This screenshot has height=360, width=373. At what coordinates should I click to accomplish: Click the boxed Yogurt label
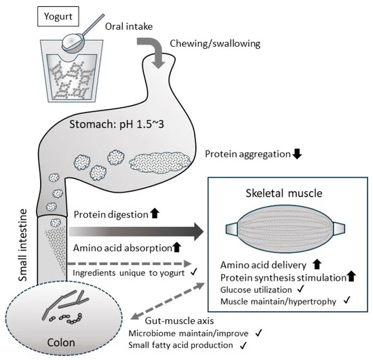[58, 16]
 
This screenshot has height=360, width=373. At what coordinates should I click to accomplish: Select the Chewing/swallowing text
[215, 43]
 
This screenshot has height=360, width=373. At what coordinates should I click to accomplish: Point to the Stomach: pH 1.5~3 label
[117, 124]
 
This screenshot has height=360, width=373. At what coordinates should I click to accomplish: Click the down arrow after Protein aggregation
[297, 154]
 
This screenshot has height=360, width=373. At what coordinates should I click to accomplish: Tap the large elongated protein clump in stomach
[160, 162]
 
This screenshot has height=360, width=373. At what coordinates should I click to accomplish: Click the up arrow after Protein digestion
[155, 213]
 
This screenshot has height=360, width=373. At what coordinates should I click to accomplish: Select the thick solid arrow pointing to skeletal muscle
[136, 232]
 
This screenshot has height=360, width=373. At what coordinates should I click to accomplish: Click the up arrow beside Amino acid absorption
[176, 247]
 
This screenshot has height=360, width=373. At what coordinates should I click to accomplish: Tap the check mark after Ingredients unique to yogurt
[194, 271]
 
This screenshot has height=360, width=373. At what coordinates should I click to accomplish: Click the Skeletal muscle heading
[284, 193]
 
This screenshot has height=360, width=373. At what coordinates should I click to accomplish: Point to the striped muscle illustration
[286, 228]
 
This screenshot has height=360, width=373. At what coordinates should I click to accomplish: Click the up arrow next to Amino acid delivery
[317, 264]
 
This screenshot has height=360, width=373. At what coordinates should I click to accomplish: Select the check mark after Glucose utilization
[300, 289]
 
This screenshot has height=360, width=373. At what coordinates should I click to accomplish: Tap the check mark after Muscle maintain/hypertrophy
[347, 300]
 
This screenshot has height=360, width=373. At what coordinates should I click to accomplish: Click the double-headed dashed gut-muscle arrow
[168, 301]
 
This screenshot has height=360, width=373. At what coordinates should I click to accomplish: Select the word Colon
[61, 342]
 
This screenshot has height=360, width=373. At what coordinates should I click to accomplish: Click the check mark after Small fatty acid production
[243, 345]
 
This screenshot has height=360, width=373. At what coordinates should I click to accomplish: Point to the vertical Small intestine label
[23, 245]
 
